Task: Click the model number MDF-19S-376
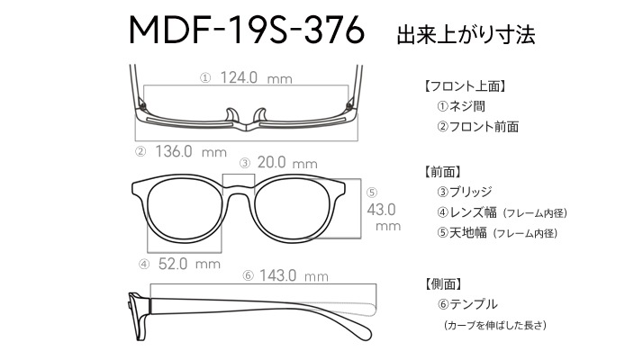[247, 30]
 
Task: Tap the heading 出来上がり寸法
[466, 34]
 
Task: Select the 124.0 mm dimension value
[257, 77]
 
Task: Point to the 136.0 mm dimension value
[191, 152]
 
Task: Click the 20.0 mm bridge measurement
[287, 163]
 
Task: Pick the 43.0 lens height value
[381, 210]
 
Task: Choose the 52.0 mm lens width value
[189, 264]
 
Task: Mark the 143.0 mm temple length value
[294, 275]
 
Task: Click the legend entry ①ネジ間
[461, 106]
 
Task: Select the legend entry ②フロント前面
[477, 126]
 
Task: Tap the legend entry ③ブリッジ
[464, 192]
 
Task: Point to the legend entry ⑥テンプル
[467, 304]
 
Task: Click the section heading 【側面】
[443, 283]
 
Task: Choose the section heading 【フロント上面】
[465, 86]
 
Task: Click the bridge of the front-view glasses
[239, 189]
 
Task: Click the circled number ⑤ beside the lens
[372, 193]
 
